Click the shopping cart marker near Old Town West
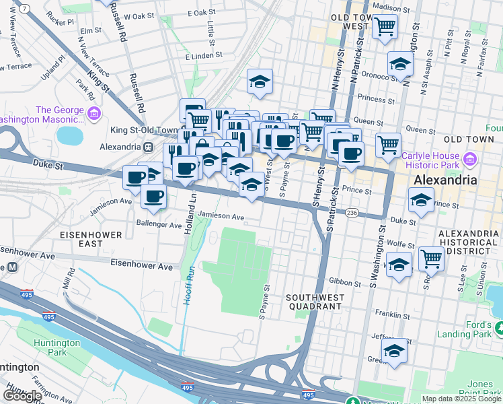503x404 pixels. (x=385, y=28)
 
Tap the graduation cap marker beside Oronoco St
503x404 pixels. (x=400, y=65)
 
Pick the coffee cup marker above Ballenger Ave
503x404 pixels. (x=153, y=196)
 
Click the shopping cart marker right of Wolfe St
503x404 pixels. (x=430, y=259)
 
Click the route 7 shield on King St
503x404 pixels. (x=25, y=8)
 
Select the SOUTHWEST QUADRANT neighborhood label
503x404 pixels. (x=314, y=301)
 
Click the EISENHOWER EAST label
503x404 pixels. (x=90, y=239)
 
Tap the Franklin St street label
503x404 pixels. (x=393, y=314)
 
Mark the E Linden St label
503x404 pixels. (x=204, y=58)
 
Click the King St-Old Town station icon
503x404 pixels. (x=147, y=146)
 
